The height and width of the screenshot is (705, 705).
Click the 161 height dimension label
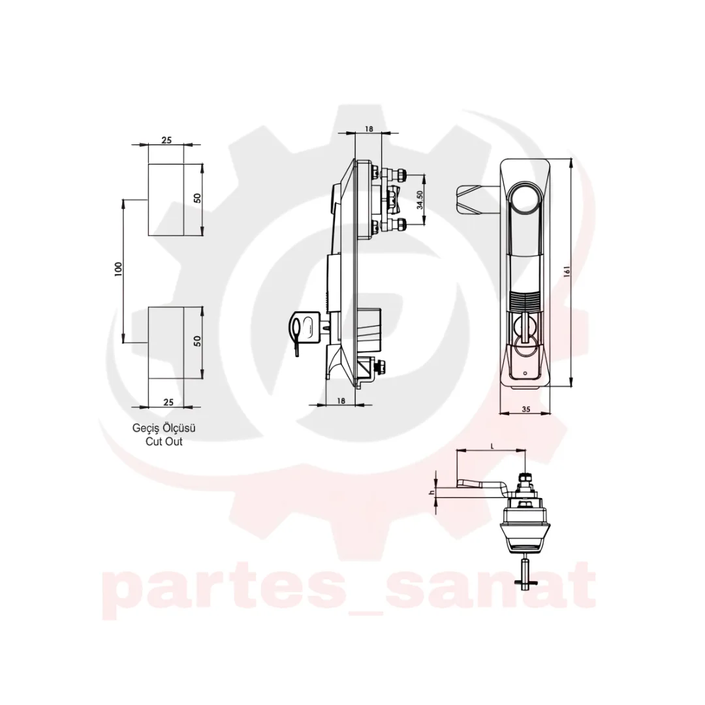[x=567, y=272]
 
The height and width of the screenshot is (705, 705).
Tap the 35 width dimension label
[x=525, y=409]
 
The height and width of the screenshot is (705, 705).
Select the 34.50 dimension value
[x=420, y=200]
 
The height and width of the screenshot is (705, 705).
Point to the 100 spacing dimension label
[x=118, y=269]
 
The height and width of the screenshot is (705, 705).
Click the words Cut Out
[x=164, y=441]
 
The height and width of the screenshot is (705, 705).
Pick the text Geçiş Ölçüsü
[x=164, y=428]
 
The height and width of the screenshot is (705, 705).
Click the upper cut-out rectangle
[x=166, y=199]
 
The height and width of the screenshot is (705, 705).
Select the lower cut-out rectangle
[x=166, y=343]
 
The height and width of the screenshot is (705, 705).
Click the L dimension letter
[x=492, y=446]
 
